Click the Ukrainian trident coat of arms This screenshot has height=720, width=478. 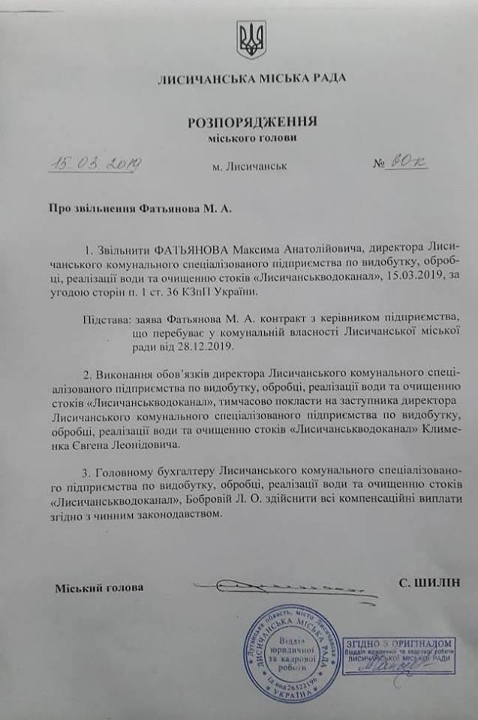(251, 39)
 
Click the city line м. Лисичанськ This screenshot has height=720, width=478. (249, 166)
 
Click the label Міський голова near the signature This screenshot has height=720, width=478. (99, 586)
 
